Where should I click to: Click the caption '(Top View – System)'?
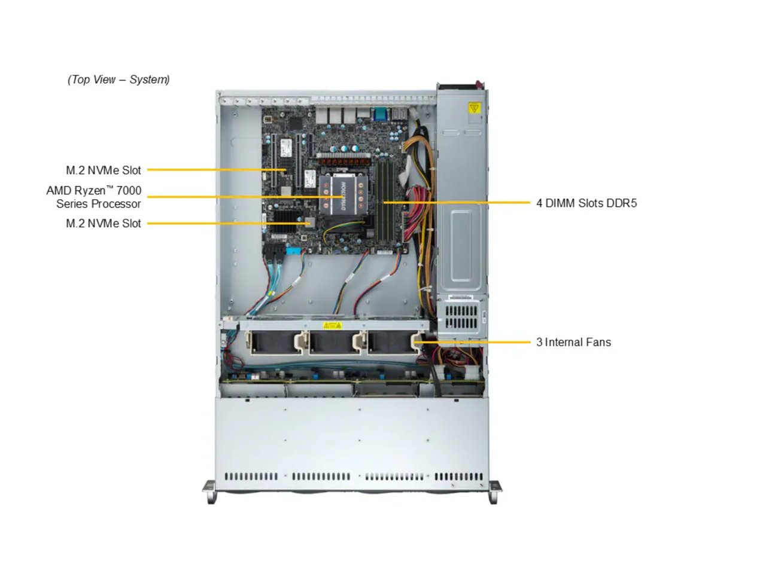pyautogui.click(x=118, y=80)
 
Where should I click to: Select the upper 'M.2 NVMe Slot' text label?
pyautogui.click(x=104, y=170)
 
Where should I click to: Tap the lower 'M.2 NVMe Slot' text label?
pyautogui.click(x=104, y=224)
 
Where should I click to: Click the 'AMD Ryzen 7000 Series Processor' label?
pyautogui.click(x=95, y=197)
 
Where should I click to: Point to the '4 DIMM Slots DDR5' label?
pyautogui.click(x=586, y=203)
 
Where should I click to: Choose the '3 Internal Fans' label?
pyautogui.click(x=573, y=343)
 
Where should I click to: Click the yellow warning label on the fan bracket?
pyautogui.click(x=332, y=326)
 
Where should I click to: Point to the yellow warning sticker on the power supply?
pyautogui.click(x=475, y=108)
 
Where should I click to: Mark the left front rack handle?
pyautogui.click(x=210, y=491)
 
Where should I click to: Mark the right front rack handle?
pyautogui.click(x=494, y=491)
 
